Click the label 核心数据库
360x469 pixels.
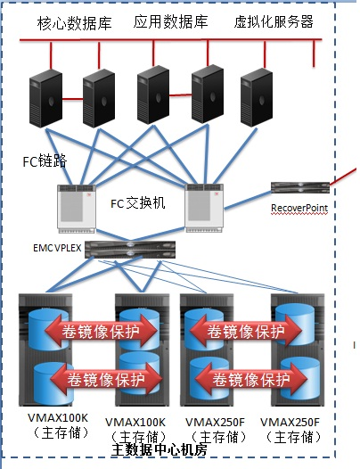[x=75, y=23]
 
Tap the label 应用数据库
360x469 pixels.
[x=170, y=21]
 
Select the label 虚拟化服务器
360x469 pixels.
[x=274, y=21]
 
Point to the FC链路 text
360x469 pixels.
[x=45, y=161]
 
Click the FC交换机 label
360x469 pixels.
[x=138, y=203]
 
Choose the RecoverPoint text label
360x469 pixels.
[x=299, y=208]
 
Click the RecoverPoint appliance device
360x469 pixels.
[x=300, y=187]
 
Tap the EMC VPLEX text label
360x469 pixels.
[x=57, y=248]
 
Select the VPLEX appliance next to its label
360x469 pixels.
[x=130, y=250]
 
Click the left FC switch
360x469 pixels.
[x=77, y=209]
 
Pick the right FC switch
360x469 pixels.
[x=204, y=208]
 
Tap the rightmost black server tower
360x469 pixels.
[x=257, y=97]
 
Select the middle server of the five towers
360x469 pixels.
[x=153, y=95]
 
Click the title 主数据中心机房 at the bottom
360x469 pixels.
[x=160, y=449]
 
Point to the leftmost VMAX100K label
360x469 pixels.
[x=58, y=417]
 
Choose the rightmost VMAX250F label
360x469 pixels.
[x=290, y=423]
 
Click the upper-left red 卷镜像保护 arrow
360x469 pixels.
[x=101, y=331]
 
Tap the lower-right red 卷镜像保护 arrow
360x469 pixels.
[x=251, y=379]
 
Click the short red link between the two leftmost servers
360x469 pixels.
[x=73, y=98]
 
